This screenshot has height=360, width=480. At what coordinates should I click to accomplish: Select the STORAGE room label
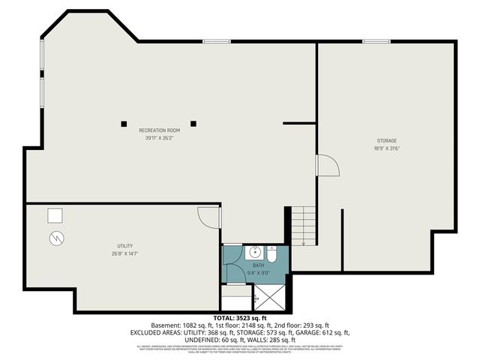point(387,141)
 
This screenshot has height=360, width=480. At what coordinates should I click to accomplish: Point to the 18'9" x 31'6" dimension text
point(387,148)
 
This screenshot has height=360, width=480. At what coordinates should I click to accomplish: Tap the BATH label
point(258,265)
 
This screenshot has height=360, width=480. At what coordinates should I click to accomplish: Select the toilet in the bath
point(272,254)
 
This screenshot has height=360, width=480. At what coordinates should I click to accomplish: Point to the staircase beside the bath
point(303,226)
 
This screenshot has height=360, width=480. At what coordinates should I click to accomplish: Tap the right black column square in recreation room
point(193,122)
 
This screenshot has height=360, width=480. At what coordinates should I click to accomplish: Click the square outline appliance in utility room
point(55,216)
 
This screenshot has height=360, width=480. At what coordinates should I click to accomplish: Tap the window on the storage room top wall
point(374,41)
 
